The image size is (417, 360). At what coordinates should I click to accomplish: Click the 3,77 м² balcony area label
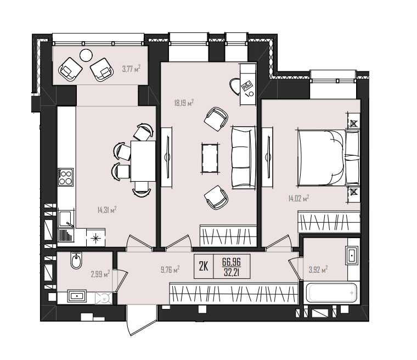click(131, 69)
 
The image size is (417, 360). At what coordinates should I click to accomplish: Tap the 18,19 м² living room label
click(183, 103)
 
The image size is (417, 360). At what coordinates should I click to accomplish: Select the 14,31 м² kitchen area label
click(107, 210)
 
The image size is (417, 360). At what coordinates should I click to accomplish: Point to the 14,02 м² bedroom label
click(298, 198)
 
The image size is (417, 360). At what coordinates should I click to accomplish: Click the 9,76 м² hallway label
click(170, 270)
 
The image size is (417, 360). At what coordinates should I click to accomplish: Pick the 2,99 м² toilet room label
click(100, 274)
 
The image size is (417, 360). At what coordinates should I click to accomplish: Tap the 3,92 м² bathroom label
click(318, 270)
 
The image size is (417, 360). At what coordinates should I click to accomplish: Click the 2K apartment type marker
click(204, 266)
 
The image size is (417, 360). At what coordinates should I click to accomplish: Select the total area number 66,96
click(232, 262)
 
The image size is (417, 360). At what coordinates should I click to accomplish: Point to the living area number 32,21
click(232, 272)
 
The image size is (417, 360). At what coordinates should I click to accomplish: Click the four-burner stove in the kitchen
click(65, 177)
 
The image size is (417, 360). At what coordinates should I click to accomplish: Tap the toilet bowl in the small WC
click(76, 260)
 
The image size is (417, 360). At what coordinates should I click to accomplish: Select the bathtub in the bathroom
click(331, 293)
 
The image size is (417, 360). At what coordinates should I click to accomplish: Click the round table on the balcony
click(86, 55)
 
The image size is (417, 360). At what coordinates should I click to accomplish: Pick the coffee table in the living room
click(210, 158)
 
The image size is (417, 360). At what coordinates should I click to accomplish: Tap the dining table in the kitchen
click(143, 161)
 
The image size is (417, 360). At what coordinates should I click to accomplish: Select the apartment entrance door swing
click(141, 320)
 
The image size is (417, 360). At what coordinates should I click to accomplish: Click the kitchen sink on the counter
click(65, 219)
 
